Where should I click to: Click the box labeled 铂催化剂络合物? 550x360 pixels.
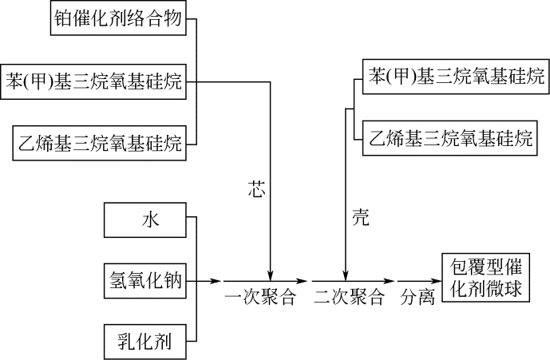click(120, 19)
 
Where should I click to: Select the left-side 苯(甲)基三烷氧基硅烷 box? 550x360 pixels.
click(94, 81)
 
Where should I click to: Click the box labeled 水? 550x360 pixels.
click(144, 220)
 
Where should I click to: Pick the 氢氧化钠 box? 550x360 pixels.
click(144, 281)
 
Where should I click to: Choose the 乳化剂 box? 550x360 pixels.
click(144, 341)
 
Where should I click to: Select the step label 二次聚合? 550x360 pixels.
click(348, 299)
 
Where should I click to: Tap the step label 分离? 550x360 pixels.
click(417, 299)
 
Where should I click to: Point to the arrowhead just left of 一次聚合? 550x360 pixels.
click(216, 281)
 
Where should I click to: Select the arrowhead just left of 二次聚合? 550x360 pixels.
click(303, 281)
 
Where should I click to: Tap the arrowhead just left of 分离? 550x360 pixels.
click(391, 281)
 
